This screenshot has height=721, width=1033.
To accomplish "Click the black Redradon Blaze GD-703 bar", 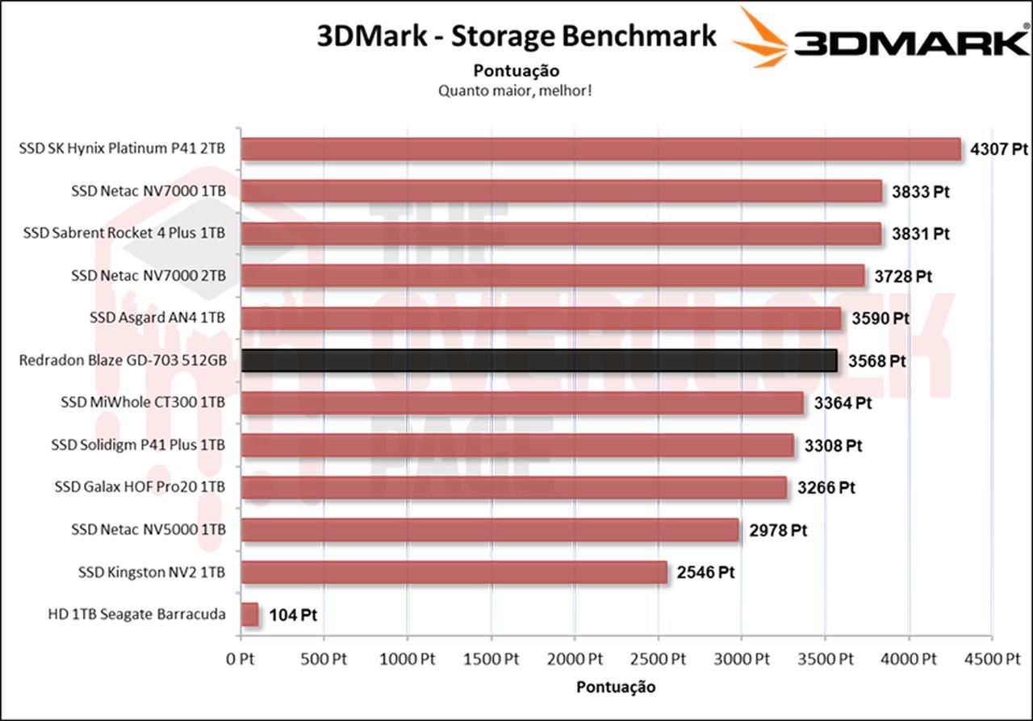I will coord(539,360).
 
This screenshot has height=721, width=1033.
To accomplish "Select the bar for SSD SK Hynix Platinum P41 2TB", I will coord(601,149).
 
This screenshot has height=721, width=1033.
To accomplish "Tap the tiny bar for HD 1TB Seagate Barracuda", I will coord(249,615).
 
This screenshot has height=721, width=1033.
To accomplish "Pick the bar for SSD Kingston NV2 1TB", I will coord(454,573).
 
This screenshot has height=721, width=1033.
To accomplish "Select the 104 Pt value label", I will coord(291,615).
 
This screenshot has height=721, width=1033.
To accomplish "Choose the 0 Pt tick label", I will coord(240,659).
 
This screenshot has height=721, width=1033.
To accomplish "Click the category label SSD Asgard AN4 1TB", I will coord(157,318).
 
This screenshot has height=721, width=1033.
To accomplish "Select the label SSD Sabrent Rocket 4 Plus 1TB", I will coord(124,233).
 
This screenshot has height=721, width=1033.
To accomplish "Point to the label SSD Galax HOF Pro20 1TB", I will coord(140,487).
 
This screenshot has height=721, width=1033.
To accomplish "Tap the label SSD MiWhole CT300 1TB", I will coord(143,402).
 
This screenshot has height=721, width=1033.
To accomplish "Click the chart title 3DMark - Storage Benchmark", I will coord(516,36).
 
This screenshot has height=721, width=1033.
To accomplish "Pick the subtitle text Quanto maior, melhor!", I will coord(516,90).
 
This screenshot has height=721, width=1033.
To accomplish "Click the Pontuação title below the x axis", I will coord(616,687).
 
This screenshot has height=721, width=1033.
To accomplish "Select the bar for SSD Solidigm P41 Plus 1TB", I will coord(517,445).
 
